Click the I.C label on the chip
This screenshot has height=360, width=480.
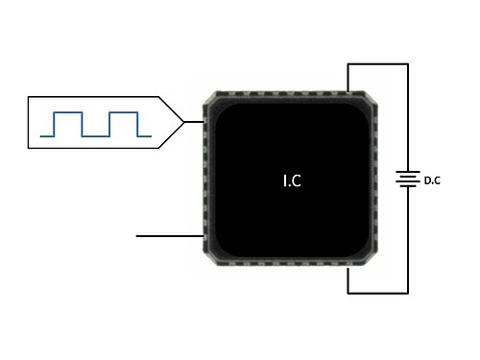(292, 180)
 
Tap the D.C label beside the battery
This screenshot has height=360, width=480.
(432, 180)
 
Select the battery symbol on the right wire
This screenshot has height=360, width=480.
(408, 179)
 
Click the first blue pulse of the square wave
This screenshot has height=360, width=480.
(68, 124)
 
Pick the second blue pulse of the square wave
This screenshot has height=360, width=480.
(124, 124)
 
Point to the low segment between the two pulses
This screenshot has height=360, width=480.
(96, 136)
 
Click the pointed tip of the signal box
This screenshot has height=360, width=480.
(184, 122)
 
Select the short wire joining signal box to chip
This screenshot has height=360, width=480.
(194, 122)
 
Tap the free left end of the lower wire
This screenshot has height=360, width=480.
(136, 236)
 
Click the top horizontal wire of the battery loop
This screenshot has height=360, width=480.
(378, 64)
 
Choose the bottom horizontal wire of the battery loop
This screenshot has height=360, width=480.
(378, 293)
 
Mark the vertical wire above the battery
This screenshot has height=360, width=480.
(408, 117)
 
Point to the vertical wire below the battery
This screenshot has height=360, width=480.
(408, 240)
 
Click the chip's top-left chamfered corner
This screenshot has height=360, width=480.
(209, 98)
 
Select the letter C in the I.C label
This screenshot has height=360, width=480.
(297, 181)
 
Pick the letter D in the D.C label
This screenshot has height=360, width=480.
(427, 180)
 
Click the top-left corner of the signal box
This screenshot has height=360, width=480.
(29, 97)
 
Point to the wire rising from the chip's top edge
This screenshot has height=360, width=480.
(348, 78)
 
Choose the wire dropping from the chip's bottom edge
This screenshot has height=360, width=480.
(348, 280)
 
